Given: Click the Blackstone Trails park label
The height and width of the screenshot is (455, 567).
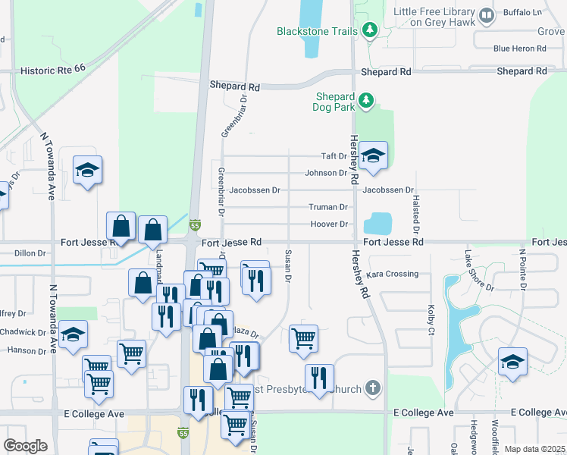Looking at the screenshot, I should pos(316,31).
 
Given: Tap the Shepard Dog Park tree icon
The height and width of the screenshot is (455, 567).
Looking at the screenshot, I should pos(366,100).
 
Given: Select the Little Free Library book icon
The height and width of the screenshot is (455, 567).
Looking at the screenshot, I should pos(487,14).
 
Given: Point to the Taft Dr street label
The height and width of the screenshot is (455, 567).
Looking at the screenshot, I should pos(334,156).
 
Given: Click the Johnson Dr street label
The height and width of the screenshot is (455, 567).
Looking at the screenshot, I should pos(326,173).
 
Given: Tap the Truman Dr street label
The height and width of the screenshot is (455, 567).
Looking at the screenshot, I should pos(328,207).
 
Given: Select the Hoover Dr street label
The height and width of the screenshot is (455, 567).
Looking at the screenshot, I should pos(329,224).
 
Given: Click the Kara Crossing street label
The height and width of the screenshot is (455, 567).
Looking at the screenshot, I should pos(392,274).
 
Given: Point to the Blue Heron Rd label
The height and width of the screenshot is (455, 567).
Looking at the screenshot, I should pos(519,49).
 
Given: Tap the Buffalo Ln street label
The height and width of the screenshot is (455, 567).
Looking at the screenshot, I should pos(524,12).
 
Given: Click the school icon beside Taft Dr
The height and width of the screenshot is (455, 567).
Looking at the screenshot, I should pos(373,156).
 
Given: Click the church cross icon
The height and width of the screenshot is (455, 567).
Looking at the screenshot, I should pos(371,388).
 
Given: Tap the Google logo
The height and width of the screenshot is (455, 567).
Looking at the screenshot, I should pos(25,446).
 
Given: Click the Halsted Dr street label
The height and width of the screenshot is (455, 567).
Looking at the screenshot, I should pos(416,212).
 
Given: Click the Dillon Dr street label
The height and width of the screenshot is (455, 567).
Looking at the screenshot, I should pos(30,254).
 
